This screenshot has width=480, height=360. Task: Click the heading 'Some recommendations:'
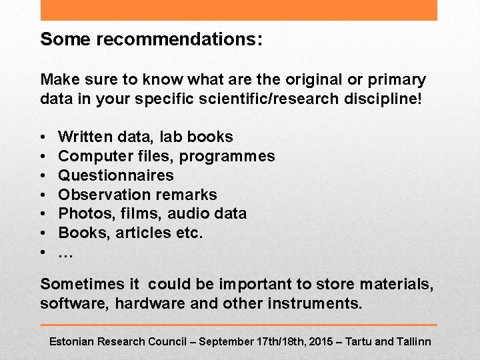point(151,39)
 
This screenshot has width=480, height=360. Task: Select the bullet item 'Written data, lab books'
point(145,137)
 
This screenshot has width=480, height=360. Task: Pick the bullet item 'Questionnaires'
point(116,175)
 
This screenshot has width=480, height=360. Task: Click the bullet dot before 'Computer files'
point(43,157)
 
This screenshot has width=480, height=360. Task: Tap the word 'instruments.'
point(315,304)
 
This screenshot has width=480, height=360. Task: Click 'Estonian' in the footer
point(72,341)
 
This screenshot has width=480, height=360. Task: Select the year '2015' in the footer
point(318,341)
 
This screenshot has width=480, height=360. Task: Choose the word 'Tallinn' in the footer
point(413,341)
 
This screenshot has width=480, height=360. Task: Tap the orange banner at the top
point(239,10)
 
